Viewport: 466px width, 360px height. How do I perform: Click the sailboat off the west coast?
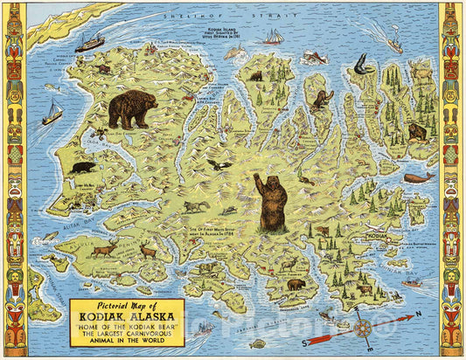pyautogui.click(x=52, y=113)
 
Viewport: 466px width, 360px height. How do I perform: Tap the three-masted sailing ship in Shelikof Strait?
pyautogui.click(x=274, y=37)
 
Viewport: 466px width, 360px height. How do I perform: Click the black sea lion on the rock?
pyautogui.click(x=362, y=62)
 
